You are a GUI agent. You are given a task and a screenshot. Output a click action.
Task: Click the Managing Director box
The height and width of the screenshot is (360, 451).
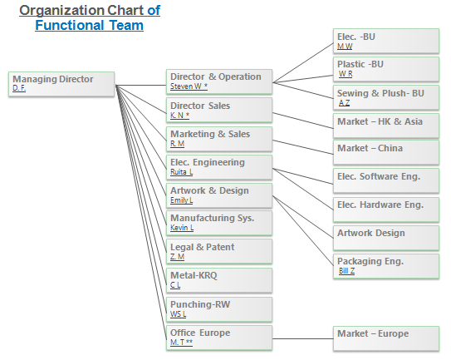click(61, 84)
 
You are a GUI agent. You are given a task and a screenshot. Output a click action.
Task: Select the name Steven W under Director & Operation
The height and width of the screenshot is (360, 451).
click(186, 86)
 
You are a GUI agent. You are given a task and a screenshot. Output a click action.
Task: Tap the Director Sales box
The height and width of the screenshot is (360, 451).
click(219, 110)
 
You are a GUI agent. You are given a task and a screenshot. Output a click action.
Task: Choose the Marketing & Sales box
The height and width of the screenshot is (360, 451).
click(219, 139)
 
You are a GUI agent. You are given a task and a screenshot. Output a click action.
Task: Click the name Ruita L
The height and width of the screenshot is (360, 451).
click(182, 172)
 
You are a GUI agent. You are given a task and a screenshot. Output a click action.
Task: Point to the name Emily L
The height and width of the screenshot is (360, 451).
click(182, 200)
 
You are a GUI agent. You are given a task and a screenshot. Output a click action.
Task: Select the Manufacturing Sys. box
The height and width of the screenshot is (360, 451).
click(219, 223)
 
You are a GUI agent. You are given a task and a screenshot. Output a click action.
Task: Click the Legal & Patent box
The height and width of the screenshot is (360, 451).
click(219, 251)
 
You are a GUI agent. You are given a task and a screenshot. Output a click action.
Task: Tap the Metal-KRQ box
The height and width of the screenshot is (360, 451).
click(219, 280)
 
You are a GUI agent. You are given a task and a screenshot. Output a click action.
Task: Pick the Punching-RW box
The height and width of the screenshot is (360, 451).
click(219, 309)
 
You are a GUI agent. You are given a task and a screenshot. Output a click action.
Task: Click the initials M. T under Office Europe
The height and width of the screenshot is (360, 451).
click(178, 343)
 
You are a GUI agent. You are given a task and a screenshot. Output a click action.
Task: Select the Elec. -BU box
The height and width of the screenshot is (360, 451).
click(386, 41)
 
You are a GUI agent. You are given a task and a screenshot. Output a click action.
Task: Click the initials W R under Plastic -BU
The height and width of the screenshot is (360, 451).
click(346, 74)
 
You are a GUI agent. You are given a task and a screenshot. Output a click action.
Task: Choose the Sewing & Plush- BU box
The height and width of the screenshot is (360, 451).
click(386, 97)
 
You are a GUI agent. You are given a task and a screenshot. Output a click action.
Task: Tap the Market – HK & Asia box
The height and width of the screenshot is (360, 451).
click(386, 126)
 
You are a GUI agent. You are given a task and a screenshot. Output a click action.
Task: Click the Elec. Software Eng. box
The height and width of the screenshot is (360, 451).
click(386, 180)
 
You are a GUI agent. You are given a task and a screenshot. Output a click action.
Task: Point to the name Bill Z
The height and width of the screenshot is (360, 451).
click(346, 271)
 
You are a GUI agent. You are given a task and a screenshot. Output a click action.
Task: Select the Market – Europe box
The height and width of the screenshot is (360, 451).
click(386, 338)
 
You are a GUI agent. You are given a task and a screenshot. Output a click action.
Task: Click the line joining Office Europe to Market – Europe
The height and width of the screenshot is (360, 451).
click(303, 338)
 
